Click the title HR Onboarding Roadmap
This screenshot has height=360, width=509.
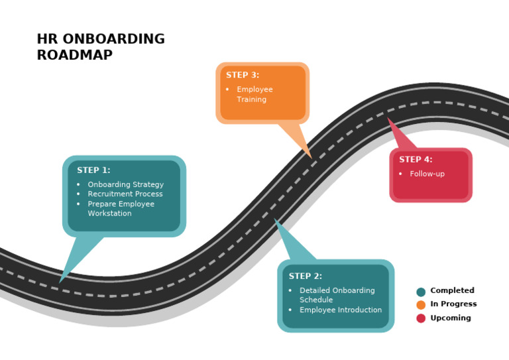101,47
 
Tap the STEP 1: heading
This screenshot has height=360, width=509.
93,170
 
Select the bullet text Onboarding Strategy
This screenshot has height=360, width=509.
125,184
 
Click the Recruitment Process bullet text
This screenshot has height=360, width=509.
125,194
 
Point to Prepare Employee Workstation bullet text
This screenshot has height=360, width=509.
121,209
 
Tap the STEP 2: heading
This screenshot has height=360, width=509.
305,276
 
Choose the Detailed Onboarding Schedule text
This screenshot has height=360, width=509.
337,295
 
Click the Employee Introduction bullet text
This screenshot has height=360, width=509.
340,310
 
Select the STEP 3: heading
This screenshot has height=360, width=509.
242,75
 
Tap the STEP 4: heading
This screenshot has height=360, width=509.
416,159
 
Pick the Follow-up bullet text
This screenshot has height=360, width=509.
427,174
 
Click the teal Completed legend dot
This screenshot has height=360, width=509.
421,292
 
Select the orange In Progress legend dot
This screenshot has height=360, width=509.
421,305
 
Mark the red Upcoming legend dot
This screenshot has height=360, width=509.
421,318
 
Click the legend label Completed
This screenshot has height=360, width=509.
452,290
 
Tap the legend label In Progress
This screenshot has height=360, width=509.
453,304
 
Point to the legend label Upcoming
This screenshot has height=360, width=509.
451,318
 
